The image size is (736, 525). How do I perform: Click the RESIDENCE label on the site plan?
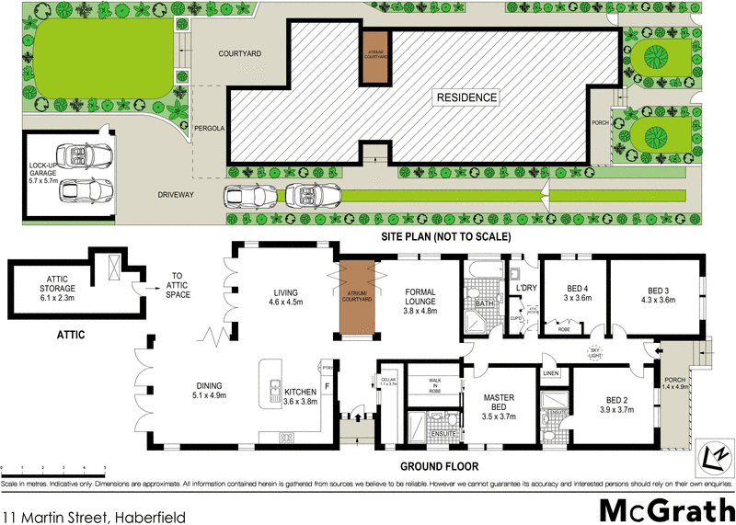466,97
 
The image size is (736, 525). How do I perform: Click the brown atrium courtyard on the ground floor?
354,299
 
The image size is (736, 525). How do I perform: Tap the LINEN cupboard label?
551,373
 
